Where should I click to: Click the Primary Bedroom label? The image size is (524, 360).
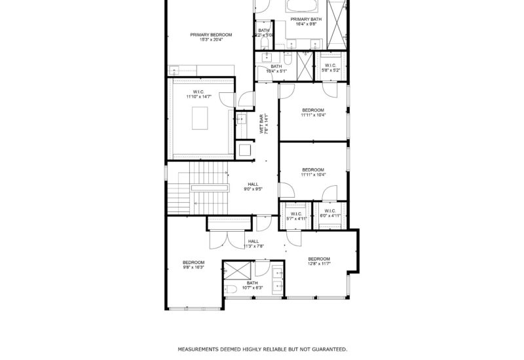pos(206,35)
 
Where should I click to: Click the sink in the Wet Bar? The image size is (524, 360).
pos(241,119)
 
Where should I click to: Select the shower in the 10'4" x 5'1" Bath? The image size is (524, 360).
pos(304,65)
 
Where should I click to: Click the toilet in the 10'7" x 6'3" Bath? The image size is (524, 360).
pos(231,289)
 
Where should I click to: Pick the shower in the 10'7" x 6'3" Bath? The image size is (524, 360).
pos(237,270)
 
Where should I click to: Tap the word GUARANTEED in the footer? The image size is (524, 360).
pos(325,350)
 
